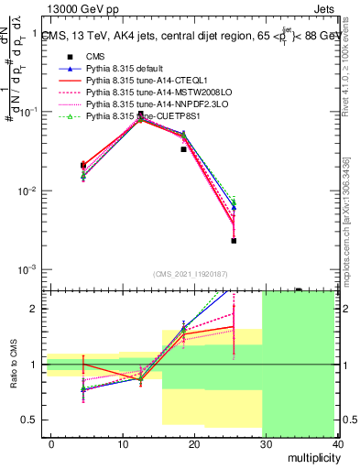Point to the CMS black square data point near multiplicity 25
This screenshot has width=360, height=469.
[x=234, y=241]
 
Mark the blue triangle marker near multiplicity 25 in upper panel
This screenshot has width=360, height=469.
[x=234, y=208]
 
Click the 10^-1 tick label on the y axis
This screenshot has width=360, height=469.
[x=29, y=111]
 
